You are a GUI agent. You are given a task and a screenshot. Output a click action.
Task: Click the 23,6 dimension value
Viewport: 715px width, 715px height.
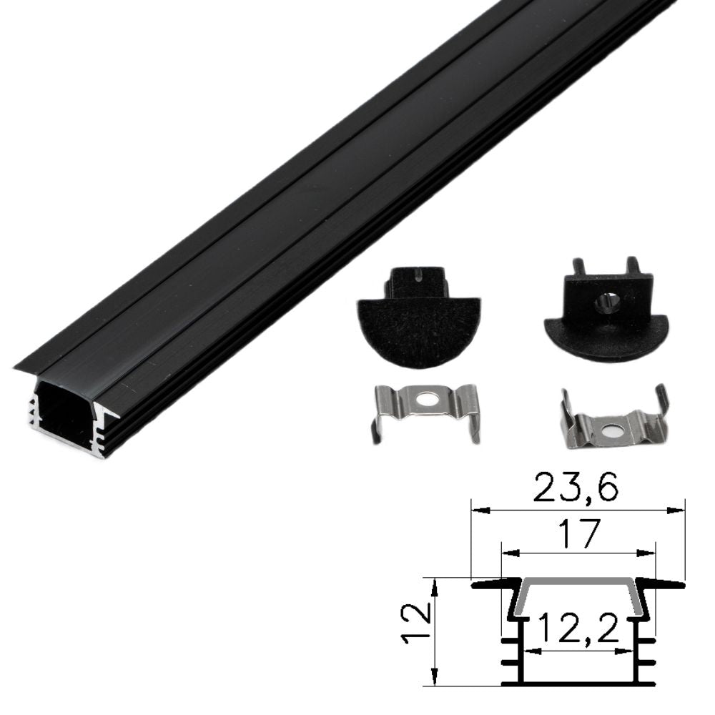click(577, 487)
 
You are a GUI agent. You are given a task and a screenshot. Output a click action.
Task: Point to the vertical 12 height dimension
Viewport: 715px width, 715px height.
click(418, 623)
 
